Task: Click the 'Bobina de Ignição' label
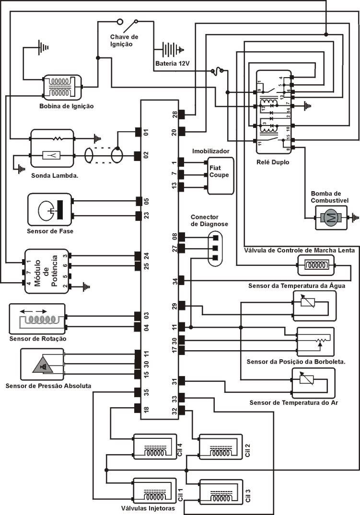66,106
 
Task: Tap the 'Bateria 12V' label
173,63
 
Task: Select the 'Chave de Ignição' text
124,40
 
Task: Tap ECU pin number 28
174,115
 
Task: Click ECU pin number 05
147,201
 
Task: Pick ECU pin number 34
174,281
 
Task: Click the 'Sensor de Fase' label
49,231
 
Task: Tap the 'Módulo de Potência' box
46,271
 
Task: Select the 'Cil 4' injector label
179,451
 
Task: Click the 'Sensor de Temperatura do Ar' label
294,402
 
